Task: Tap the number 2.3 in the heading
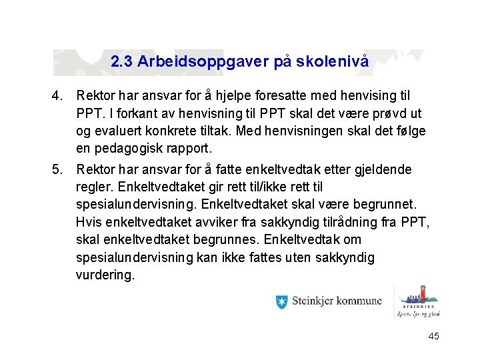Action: coord(122,63)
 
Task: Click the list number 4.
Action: coord(57,96)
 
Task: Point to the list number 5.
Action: coord(57,170)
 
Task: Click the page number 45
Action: coord(433,337)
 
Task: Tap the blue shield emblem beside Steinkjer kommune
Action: coord(282,301)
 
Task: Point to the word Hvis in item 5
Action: coord(87,222)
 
